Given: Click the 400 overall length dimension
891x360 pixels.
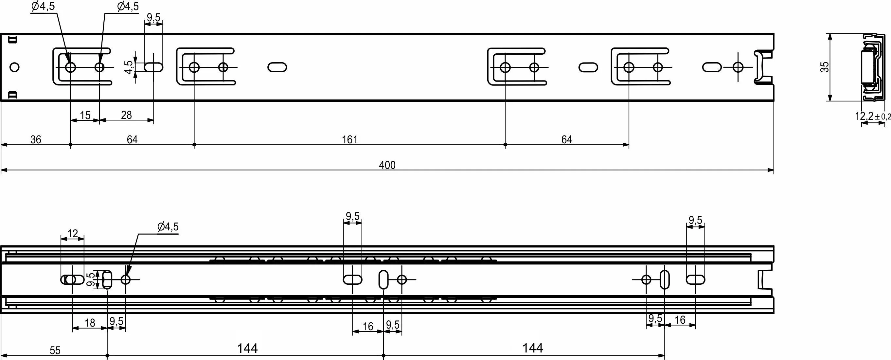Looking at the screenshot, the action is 387,165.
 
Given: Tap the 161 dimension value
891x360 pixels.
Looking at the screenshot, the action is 349,140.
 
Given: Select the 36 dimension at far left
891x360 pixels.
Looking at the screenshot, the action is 36,140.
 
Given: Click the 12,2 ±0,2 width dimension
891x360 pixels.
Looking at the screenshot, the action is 872,116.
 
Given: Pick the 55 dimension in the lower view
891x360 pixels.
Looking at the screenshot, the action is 55,351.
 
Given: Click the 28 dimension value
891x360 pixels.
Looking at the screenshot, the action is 126,115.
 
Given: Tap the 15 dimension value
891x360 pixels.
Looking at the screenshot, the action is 85,115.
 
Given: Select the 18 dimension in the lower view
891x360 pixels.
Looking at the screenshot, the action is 90,323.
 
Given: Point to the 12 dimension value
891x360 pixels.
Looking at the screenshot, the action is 73,234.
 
